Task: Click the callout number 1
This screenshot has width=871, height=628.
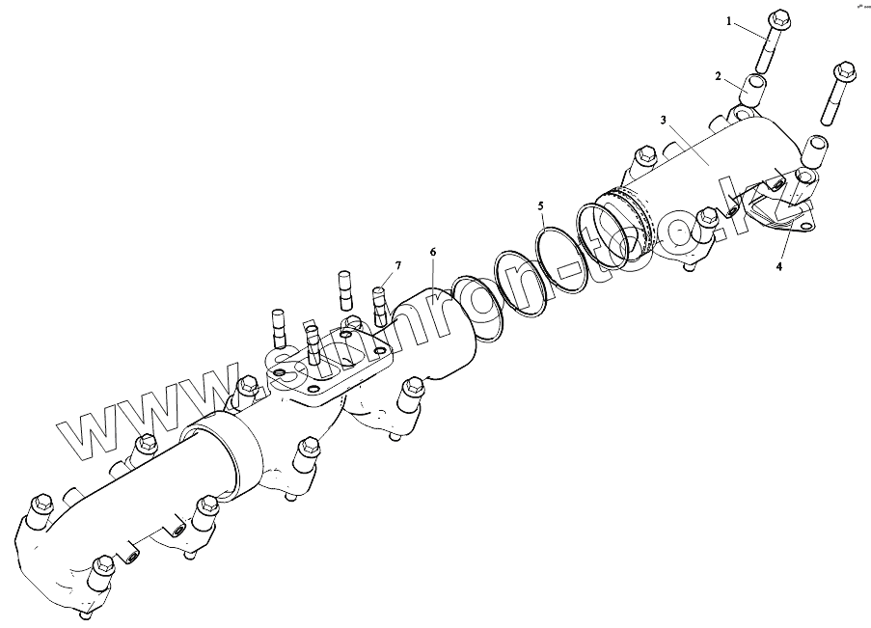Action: point(730,20)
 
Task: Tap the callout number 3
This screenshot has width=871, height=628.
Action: point(664,120)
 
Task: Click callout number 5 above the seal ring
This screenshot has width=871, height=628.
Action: point(541,205)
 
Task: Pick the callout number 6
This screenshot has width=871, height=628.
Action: point(433,252)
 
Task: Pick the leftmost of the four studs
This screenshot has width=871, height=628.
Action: point(278,328)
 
